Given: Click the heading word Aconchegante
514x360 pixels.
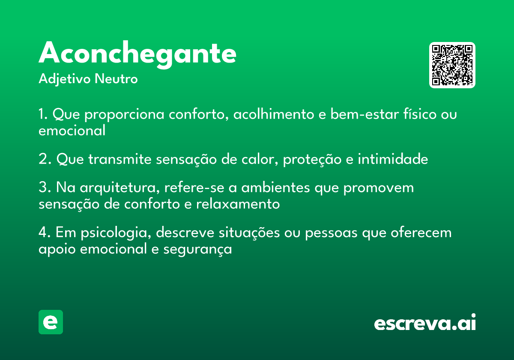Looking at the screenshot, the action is pos(137,54).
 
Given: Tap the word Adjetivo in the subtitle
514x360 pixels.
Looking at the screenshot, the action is pos(65,79).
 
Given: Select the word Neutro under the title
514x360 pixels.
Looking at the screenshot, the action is pos(116,79).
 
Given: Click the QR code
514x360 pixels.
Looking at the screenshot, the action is pos(452,65).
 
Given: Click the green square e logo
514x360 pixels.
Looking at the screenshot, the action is pos(51,322).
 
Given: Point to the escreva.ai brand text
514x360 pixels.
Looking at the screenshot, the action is pos(425,322).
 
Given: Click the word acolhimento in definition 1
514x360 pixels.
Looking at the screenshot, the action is pos(274,114).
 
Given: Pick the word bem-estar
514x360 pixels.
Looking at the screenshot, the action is pos(365,114).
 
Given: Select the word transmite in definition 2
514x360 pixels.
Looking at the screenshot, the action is pos(120,159).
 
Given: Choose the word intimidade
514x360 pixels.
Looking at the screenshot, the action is pos(393,159).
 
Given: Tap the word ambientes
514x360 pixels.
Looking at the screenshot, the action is pos(275,187).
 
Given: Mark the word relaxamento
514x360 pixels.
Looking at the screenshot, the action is pos(238,204).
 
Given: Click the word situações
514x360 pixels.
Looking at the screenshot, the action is pos(249,232).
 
